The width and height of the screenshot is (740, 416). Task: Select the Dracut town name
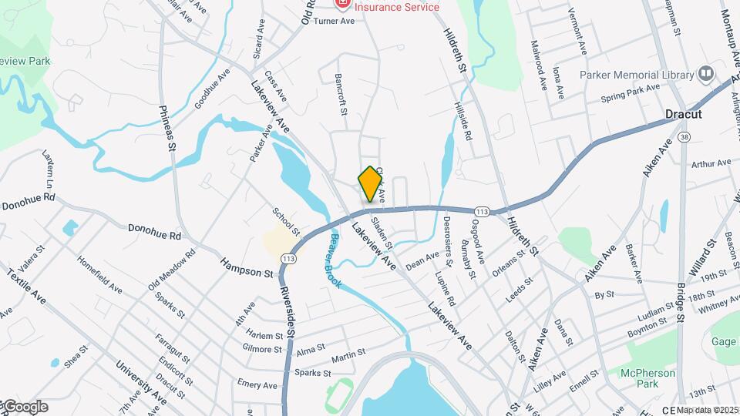point(684,114)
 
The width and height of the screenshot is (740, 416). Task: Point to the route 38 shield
point(684,136)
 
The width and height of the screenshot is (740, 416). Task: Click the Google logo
point(25,407)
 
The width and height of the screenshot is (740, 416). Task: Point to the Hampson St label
point(247,268)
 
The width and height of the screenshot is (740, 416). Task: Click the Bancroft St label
point(341,96)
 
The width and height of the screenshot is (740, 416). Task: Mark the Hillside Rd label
point(462,121)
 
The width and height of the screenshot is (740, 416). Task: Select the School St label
point(286,220)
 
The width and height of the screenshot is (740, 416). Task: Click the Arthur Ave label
point(711,163)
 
